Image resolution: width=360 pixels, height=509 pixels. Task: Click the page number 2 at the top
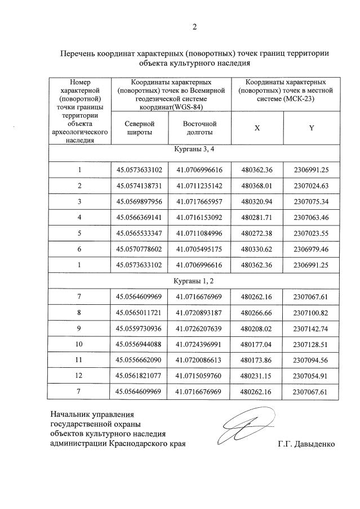(x=194, y=26)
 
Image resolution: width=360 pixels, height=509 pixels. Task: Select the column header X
(x=257, y=128)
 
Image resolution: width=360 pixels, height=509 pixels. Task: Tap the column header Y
(x=311, y=128)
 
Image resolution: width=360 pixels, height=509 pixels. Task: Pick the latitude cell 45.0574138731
(x=139, y=185)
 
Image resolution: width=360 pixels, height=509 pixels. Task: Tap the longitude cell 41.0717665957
(x=199, y=201)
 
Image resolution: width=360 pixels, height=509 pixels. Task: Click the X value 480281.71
(x=257, y=217)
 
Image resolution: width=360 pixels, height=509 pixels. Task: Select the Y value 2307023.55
(x=311, y=232)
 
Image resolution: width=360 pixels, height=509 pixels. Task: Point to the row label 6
(x=79, y=248)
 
